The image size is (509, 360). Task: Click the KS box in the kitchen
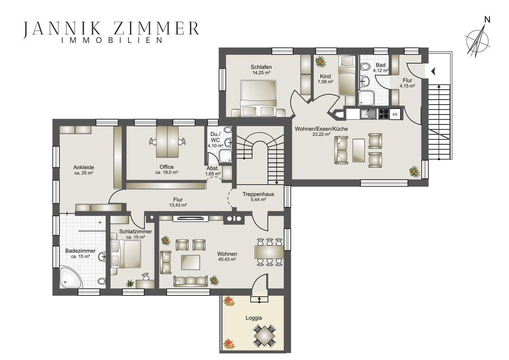coord(395,114)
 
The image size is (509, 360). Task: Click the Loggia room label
coord(253,318)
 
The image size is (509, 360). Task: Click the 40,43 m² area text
coord(227,259)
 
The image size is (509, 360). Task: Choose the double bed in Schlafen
coord(258,98)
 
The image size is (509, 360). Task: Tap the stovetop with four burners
coord(384,114)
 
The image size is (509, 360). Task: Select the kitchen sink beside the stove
coord(368,114)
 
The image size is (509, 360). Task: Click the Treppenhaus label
coord(258,194)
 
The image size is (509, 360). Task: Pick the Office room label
coord(167,167)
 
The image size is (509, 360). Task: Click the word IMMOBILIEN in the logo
coord(112,40)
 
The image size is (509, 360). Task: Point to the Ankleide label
coord(83,167)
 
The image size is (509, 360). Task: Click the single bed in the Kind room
coord(347,75)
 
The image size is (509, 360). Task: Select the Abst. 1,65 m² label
coord(213,171)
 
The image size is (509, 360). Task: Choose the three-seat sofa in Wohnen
coord(190,281)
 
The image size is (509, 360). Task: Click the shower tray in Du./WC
coord(225,156)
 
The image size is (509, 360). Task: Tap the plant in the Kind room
coord(320,61)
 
